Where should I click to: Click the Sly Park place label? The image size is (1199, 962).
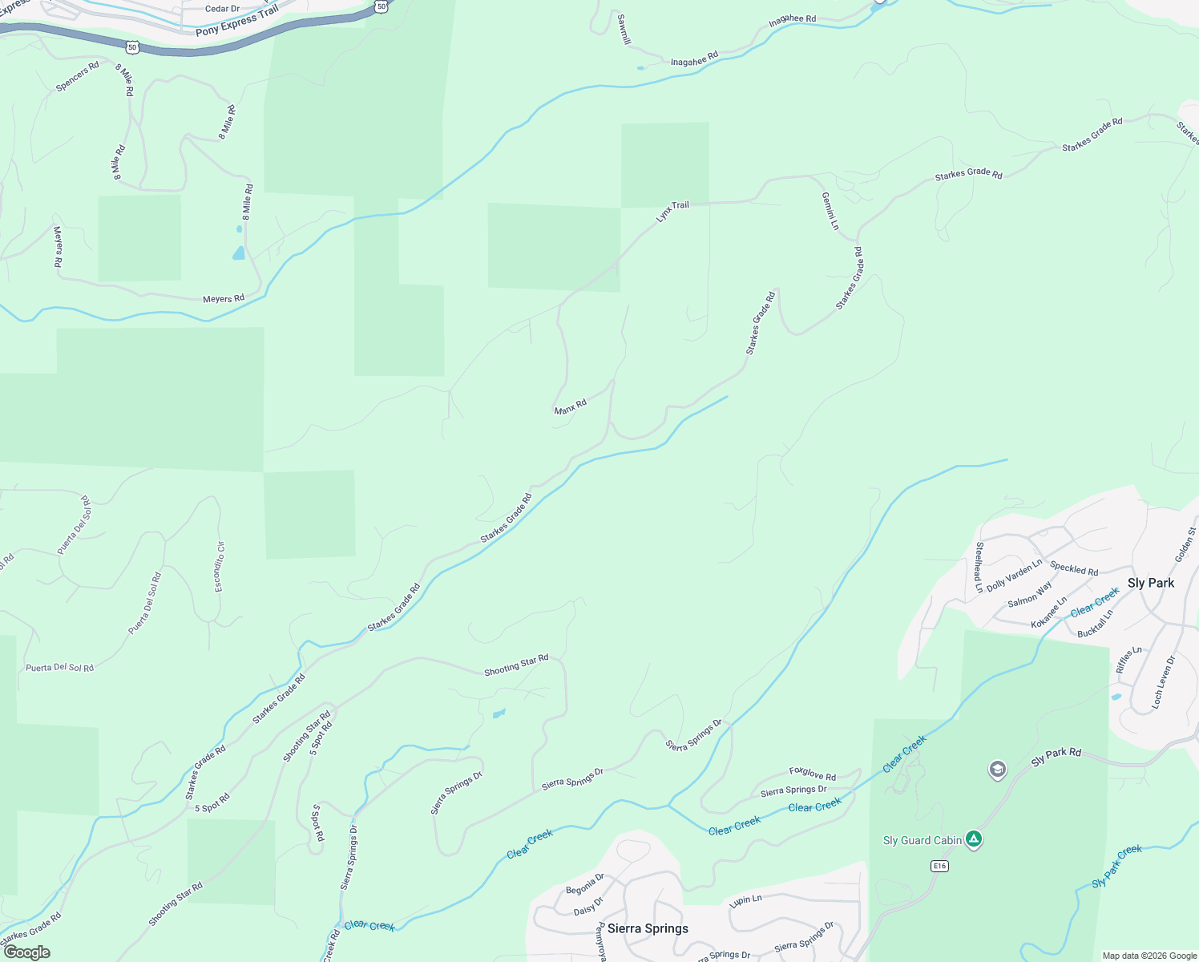pos(1150,583)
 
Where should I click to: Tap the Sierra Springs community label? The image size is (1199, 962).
pos(648,928)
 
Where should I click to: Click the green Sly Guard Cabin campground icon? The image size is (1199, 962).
pos(974,839)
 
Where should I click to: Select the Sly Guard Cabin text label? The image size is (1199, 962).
pos(922,840)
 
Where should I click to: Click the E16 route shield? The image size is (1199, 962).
pos(940,866)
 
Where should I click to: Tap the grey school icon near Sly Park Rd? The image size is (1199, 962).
pos(997,770)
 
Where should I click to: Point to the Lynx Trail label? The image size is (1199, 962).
pos(672,211)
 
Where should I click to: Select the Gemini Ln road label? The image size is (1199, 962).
pos(830,211)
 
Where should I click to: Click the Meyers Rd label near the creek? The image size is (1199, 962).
pos(224,299)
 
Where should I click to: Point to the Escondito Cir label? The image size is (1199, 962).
pos(220,567)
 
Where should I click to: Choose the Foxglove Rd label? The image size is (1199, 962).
pos(812,773)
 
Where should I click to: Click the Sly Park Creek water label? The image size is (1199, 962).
pos(1116,867)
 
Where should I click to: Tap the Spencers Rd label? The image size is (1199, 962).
pos(78,76)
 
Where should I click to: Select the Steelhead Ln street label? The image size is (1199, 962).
pos(979,568)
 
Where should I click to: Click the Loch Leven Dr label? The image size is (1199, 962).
pos(1163,682)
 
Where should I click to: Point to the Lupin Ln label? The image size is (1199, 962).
pos(745,900)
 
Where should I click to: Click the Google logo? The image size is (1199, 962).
pos(26,952)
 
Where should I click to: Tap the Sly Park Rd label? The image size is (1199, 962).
pos(1056,757)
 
